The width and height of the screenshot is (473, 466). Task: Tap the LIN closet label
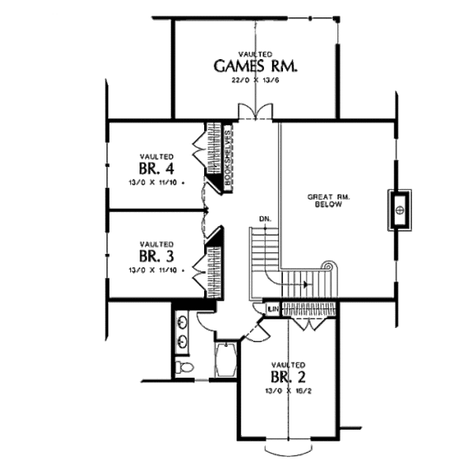[x=272, y=308]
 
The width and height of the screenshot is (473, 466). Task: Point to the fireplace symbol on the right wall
[x=400, y=210]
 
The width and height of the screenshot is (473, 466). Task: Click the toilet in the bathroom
[x=182, y=368]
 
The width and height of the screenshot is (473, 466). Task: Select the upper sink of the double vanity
[x=184, y=322]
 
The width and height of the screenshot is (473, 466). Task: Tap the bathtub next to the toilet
[x=226, y=360]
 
